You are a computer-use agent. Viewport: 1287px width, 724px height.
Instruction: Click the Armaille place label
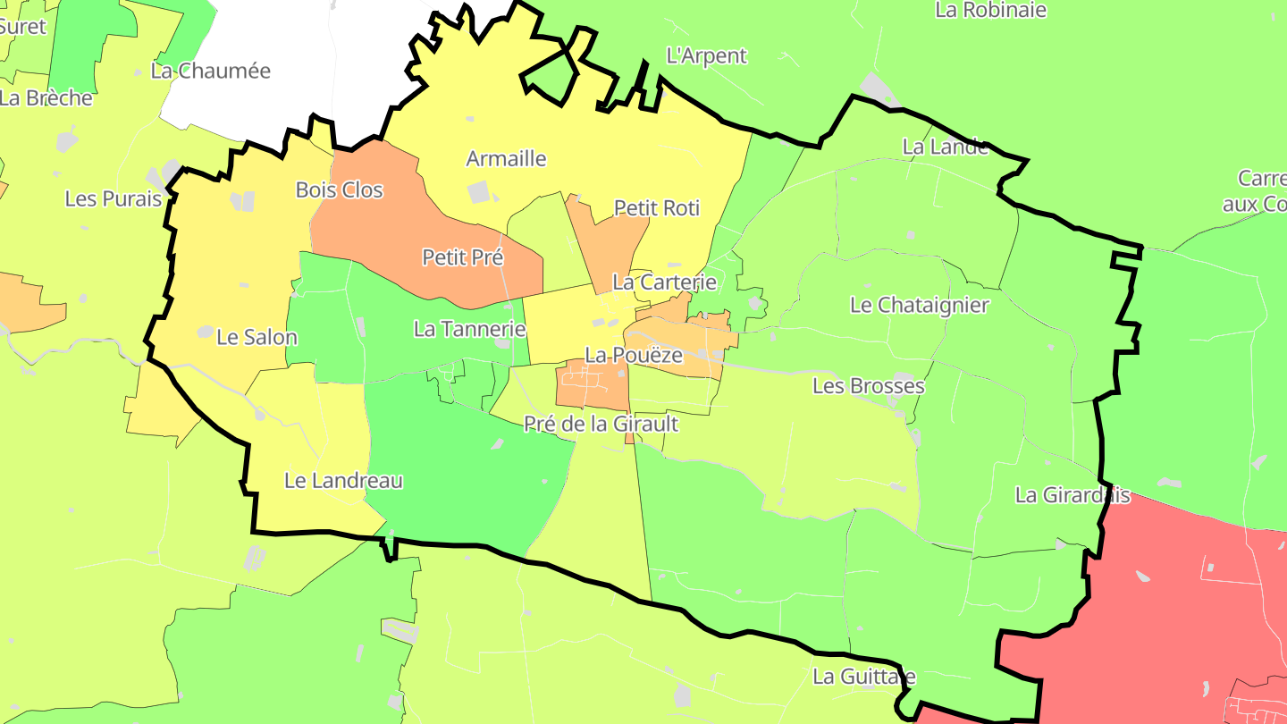click(x=506, y=159)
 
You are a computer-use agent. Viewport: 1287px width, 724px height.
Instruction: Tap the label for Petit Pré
click(x=463, y=258)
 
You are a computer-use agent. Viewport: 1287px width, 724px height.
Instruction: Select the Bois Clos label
click(x=339, y=190)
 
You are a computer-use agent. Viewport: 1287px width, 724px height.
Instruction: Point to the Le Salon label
click(x=257, y=338)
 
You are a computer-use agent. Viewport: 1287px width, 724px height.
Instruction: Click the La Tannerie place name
click(x=469, y=329)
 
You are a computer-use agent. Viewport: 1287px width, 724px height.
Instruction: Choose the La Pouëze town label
click(x=634, y=355)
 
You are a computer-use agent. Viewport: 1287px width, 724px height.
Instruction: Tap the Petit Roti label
click(x=657, y=208)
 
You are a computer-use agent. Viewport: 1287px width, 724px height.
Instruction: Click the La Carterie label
click(x=664, y=282)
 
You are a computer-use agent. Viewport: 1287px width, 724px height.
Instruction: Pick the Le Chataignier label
click(x=920, y=305)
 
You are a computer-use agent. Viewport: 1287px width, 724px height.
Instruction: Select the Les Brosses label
click(x=868, y=386)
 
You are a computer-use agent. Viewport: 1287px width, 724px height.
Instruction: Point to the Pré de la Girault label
click(x=601, y=424)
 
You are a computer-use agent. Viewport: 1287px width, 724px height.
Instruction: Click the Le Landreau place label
click(x=343, y=481)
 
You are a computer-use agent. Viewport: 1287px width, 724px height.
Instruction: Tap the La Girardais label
click(x=1072, y=495)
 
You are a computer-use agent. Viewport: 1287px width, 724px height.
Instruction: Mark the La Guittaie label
click(x=864, y=677)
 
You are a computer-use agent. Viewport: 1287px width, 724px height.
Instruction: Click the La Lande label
click(x=945, y=147)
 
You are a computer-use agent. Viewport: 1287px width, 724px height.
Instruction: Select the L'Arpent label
click(x=706, y=56)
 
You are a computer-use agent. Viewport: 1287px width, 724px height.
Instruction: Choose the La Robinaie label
click(x=990, y=11)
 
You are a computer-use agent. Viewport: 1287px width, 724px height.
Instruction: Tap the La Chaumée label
click(x=210, y=72)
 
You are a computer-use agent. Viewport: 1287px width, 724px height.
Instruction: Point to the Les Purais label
click(x=114, y=199)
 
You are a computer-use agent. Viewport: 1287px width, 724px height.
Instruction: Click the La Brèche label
click(x=46, y=98)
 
